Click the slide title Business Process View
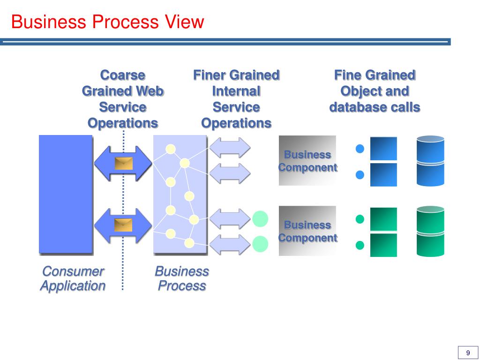(x=108, y=22)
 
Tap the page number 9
(x=467, y=353)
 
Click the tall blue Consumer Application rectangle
(x=66, y=194)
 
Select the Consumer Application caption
(x=73, y=278)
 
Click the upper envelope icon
(x=124, y=163)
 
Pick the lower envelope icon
(x=124, y=225)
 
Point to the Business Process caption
(x=182, y=278)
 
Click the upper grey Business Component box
(x=307, y=161)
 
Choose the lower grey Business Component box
(x=307, y=231)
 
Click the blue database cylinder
(x=430, y=161)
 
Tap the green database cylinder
(x=430, y=232)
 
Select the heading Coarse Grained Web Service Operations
(x=123, y=99)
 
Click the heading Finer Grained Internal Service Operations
(x=236, y=99)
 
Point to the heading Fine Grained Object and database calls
(x=375, y=91)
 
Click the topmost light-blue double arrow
(x=230, y=148)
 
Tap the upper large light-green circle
(x=260, y=218)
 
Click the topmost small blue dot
(x=360, y=149)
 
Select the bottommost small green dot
(x=360, y=245)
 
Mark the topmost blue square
(x=383, y=149)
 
